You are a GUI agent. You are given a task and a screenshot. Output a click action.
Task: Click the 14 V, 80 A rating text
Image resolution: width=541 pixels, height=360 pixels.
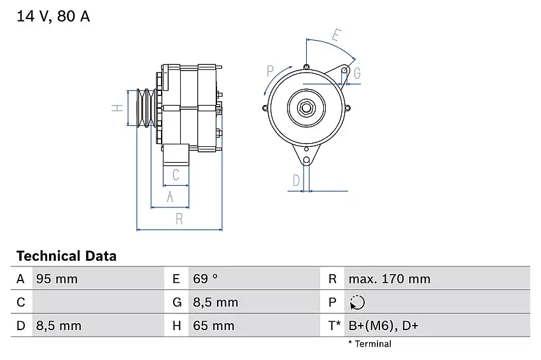[53, 17]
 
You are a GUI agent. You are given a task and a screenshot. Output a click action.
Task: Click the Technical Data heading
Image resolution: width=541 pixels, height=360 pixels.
[66, 256]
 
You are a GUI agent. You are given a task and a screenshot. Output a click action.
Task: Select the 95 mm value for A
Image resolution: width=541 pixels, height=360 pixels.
[57, 279]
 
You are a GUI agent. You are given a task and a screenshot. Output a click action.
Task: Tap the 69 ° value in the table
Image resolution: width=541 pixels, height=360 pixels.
[206, 279]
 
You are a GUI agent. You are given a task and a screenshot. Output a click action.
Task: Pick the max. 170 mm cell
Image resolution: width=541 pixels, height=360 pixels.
[390, 279]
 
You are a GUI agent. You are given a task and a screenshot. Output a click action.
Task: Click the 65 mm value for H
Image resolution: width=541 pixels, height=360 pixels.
[214, 326]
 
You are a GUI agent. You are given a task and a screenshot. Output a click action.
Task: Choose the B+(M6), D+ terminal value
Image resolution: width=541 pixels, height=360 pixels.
[383, 326]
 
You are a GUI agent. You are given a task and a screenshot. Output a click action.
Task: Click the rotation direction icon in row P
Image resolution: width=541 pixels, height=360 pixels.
[357, 302]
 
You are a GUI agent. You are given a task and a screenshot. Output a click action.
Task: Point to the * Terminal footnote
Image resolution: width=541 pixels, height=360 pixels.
[370, 344]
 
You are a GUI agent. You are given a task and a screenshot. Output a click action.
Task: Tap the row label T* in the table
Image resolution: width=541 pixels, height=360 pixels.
[334, 326]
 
